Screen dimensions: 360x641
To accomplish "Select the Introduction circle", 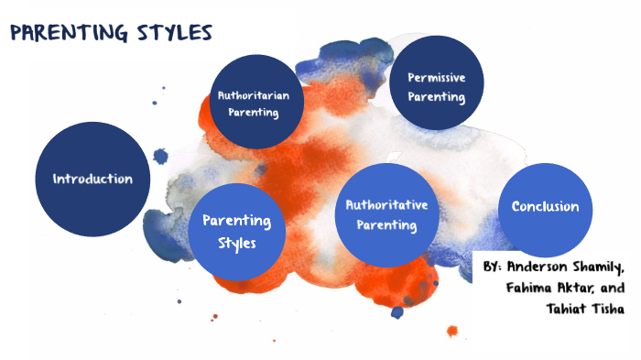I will (92, 179).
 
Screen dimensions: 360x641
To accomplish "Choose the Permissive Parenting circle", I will (437, 83).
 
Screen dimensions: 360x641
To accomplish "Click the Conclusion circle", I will (545, 207).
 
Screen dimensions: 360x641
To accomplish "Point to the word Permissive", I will (437, 77).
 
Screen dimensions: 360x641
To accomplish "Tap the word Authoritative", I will (387, 204).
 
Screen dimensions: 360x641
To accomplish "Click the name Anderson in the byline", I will (545, 267).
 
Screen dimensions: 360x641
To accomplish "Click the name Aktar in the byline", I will (577, 288).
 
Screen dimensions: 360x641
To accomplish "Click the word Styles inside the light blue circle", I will (236, 244).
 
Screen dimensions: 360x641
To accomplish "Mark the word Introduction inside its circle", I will (92, 179).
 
